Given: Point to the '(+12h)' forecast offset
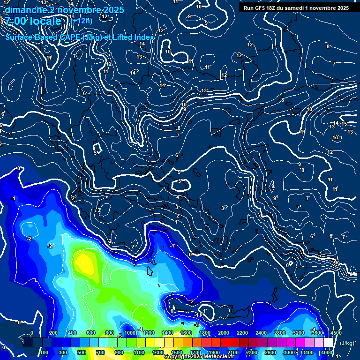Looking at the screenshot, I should [81, 21].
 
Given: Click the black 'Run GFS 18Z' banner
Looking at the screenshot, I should [296, 8].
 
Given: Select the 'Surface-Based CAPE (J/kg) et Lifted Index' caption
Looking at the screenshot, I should [80, 37].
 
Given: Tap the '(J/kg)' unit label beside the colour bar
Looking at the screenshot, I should [346, 343].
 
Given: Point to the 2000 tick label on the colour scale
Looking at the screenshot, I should [224, 333].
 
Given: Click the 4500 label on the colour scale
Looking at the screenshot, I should [336, 333].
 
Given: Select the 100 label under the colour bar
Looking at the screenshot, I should [44, 352].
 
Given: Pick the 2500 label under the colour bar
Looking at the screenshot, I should [270, 352].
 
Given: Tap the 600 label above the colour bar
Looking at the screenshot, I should [91, 333].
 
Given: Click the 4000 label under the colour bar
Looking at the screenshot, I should [327, 352].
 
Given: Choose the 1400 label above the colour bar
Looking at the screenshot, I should [167, 333].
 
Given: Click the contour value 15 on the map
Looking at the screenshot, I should [344, 124].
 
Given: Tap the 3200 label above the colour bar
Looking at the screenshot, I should [299, 333].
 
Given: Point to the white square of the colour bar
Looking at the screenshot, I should [328, 343].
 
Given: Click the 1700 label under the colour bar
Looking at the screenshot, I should [195, 352].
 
